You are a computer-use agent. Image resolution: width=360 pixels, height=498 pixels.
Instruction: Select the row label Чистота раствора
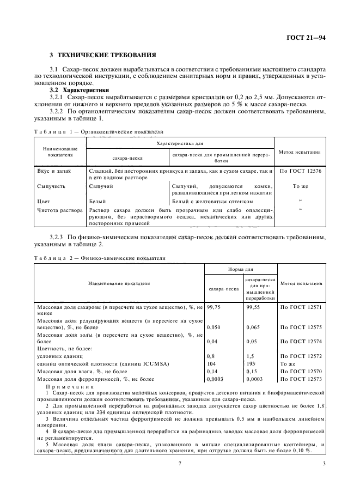pos(59,209)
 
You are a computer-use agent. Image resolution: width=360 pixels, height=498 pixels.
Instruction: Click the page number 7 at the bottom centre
pos(180,464)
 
